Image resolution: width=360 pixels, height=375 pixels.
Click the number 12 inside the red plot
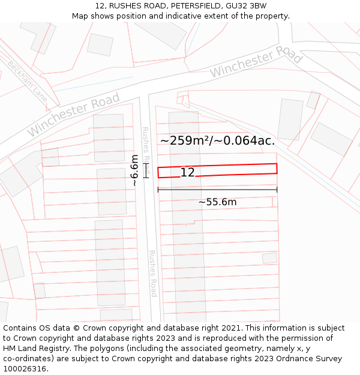click(187, 173)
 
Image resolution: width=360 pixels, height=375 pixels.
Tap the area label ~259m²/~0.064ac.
click(217, 141)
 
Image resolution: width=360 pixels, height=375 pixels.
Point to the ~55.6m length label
click(217, 202)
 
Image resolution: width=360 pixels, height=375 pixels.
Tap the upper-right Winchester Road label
click(256, 62)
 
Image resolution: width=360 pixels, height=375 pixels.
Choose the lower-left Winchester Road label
click(73, 113)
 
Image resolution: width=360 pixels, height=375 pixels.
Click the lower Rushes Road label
click(152, 273)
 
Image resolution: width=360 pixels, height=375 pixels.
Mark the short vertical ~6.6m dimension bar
click(145, 170)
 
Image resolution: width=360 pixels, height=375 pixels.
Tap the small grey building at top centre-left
click(100, 44)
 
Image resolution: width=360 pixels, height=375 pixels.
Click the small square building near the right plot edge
click(269, 258)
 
